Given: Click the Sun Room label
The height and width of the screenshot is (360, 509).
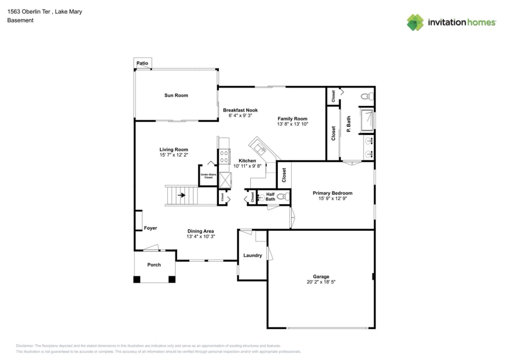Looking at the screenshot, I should pos(176,95).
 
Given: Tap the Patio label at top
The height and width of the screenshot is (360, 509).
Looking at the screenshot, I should pos(143,64).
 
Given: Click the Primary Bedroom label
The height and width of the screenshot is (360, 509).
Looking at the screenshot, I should pos(332,193).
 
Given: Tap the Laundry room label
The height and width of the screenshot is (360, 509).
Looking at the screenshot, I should pos(252,255).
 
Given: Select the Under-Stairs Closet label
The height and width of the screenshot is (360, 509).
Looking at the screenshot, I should pos(207,176).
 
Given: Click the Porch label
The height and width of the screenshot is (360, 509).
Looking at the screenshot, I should pos(154,265).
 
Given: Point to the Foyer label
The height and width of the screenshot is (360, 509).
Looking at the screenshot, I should pos(150,228).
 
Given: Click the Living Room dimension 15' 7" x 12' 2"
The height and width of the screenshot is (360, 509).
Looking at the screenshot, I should pos(174,155).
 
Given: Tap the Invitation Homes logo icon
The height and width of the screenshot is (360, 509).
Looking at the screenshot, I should pos(415,22).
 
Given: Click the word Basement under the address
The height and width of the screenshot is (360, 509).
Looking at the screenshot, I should pos(20,20).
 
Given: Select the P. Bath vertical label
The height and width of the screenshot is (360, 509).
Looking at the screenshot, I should pos(349,125).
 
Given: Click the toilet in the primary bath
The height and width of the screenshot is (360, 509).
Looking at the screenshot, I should pos(366,96).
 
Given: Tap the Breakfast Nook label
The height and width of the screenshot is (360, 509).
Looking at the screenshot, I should pos(240,110).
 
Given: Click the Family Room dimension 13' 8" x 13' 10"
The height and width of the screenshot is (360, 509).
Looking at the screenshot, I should pos(293,124).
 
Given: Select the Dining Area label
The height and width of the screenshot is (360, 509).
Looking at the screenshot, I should pos(201,231).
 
